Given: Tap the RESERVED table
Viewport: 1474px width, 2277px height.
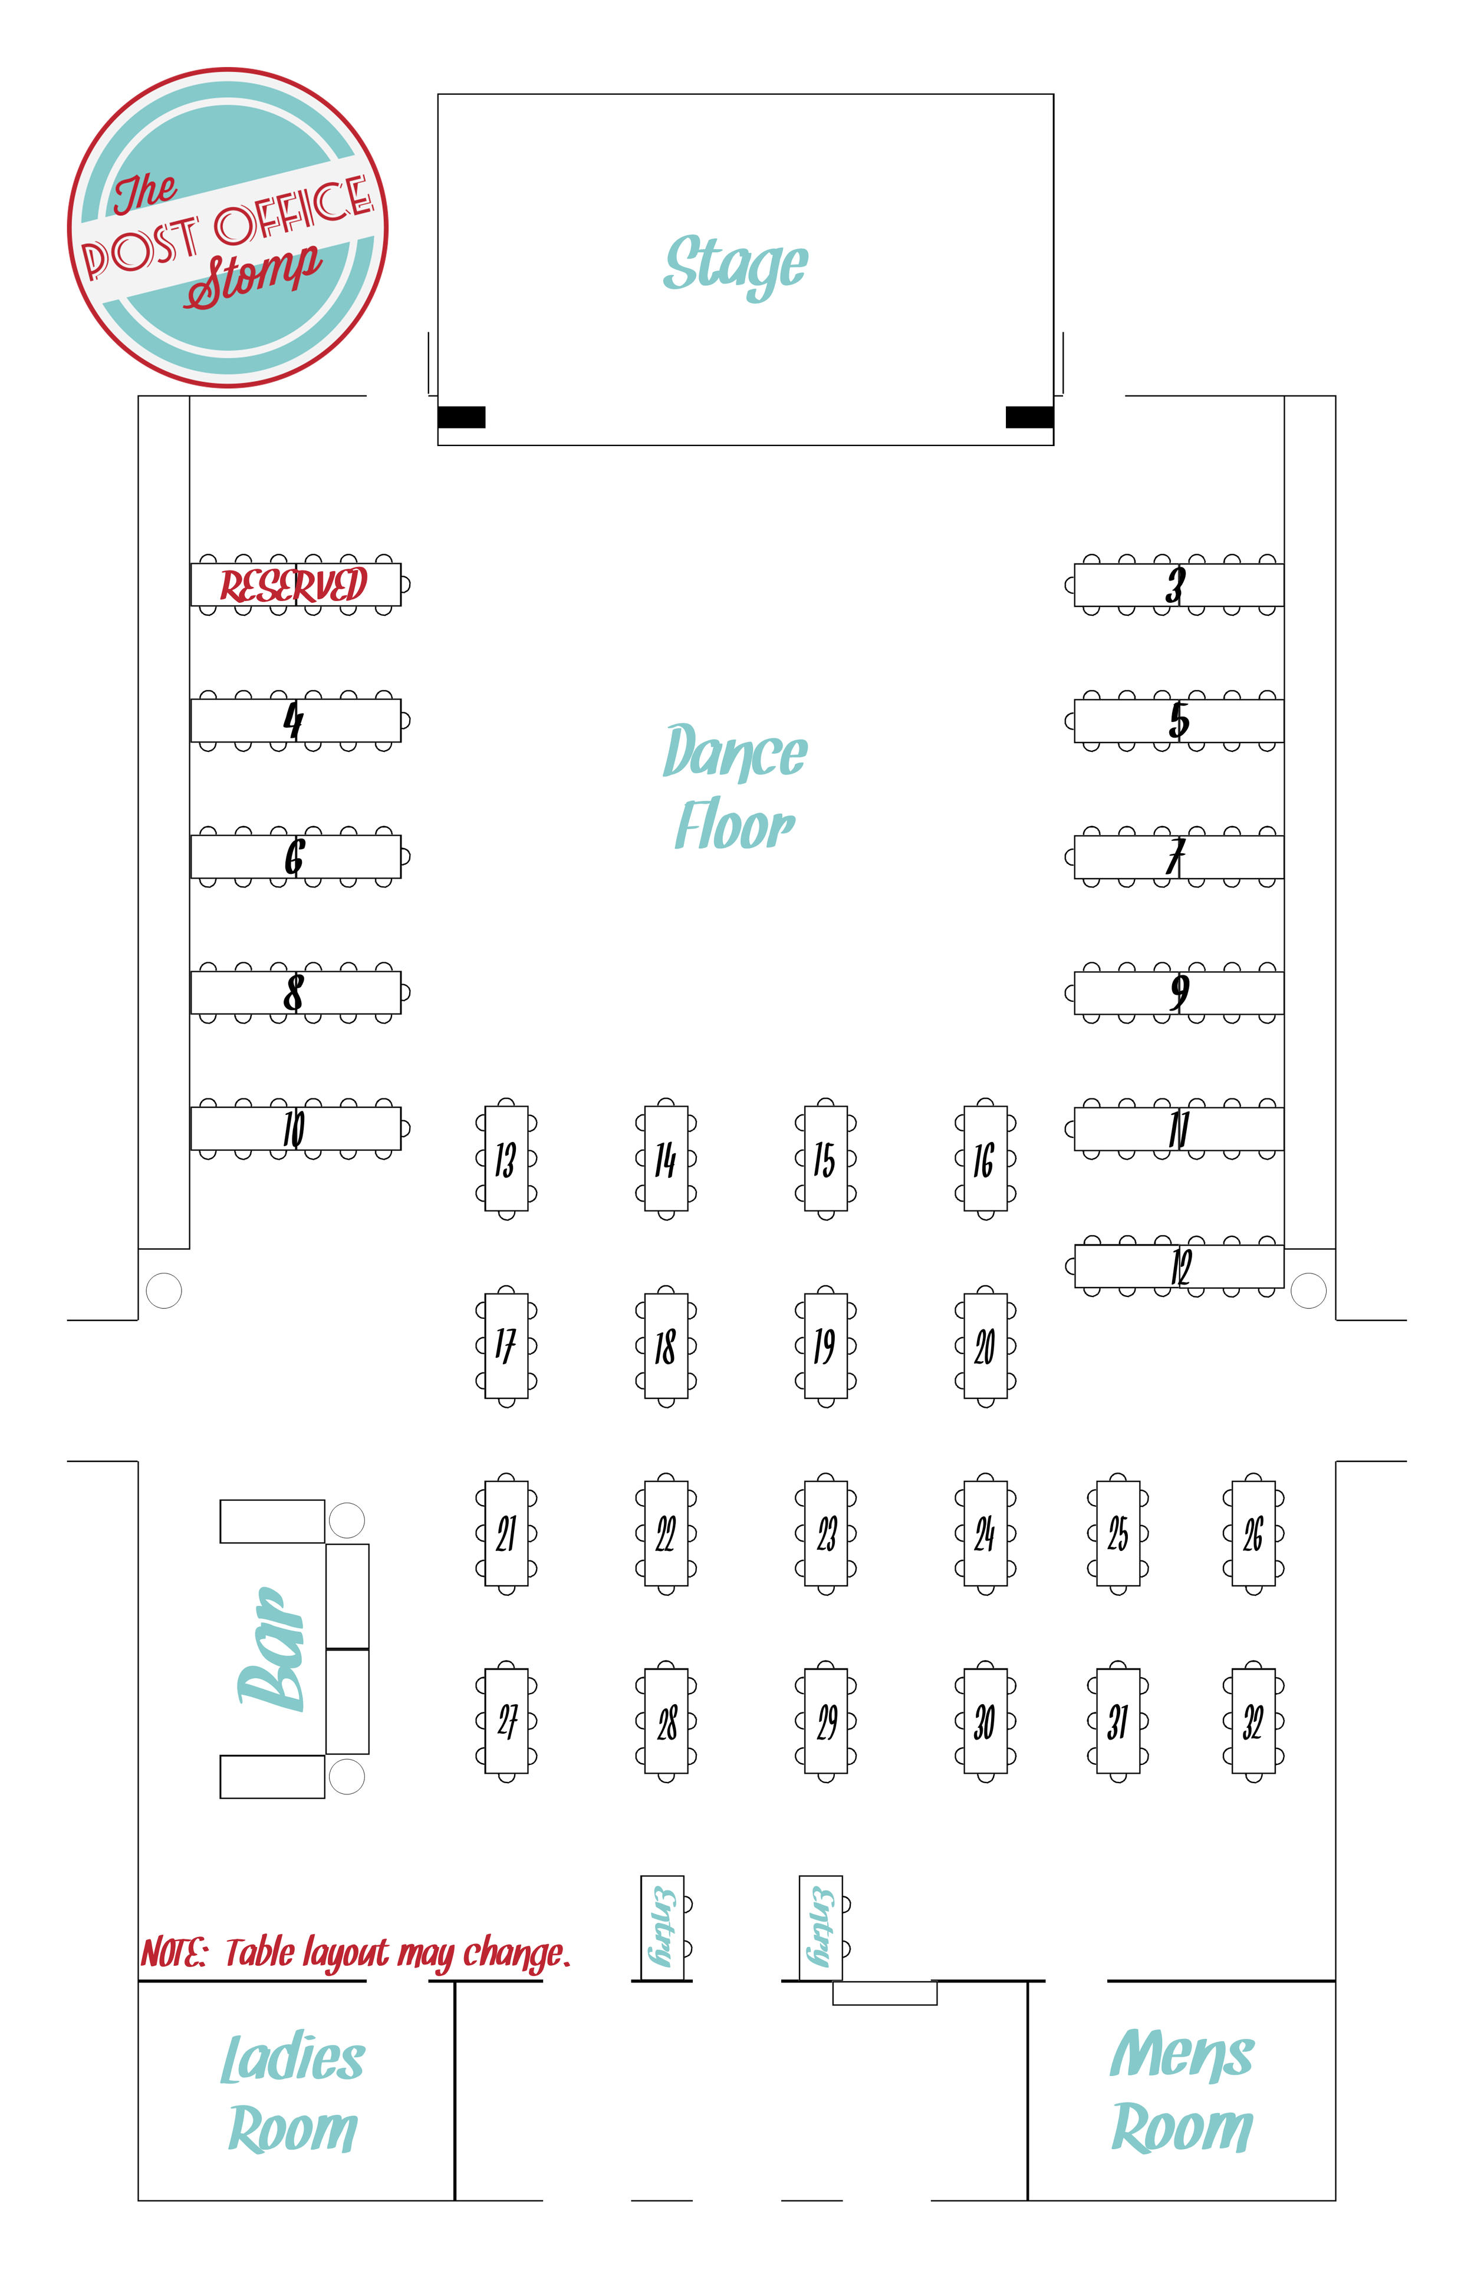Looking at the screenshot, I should [295, 585].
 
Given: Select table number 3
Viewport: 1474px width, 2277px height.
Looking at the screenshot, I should [1178, 585].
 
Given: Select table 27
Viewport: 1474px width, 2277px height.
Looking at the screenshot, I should [506, 1721].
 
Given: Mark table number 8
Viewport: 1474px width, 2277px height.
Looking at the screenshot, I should [295, 992].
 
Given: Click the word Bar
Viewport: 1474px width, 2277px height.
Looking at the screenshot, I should [273, 1648].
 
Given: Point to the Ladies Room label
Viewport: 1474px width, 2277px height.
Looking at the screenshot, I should [293, 2093].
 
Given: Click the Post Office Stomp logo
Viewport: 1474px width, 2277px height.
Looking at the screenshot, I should [228, 227].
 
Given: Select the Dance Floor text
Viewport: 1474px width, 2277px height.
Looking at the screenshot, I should [735, 787].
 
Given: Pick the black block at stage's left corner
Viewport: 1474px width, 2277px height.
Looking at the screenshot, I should [461, 417].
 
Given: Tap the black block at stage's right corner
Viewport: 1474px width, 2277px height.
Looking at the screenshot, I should [1029, 417].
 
